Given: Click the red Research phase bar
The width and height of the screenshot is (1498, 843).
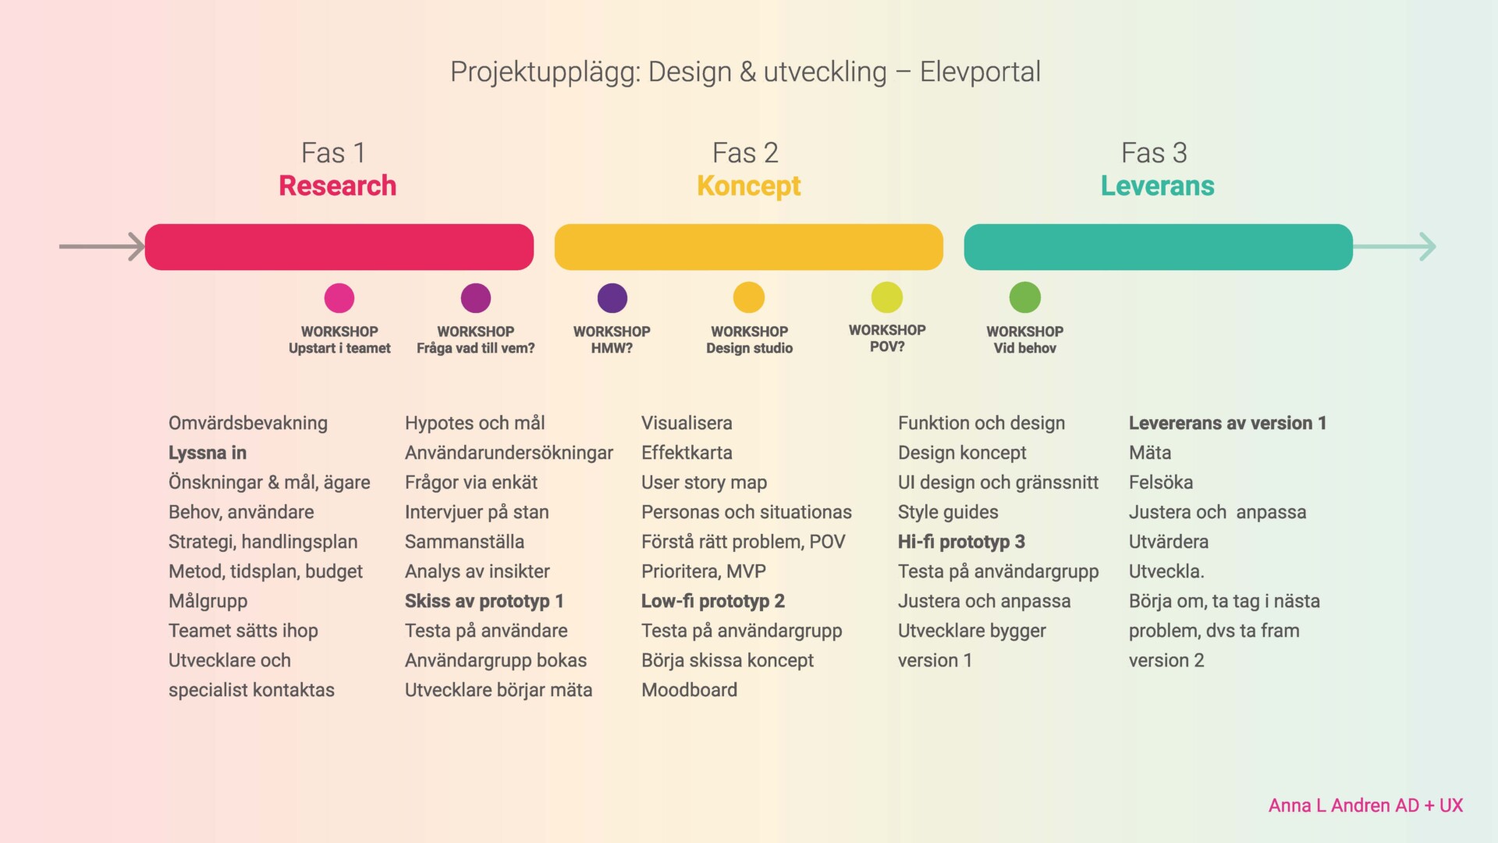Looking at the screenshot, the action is pyautogui.click(x=339, y=247).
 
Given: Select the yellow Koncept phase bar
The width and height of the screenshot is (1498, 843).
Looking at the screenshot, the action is pyautogui.click(x=749, y=247).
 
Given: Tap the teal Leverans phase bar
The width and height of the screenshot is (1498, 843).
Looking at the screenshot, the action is pyautogui.click(x=1159, y=247).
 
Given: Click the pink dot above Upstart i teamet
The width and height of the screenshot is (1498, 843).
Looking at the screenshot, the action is pyautogui.click(x=339, y=298).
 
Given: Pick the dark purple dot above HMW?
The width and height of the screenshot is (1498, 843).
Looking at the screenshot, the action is pyautogui.click(x=612, y=298).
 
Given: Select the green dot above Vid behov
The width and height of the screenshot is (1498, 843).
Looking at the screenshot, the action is pyautogui.click(x=1025, y=297).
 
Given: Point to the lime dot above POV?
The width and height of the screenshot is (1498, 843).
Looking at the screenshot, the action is pyautogui.click(x=887, y=297).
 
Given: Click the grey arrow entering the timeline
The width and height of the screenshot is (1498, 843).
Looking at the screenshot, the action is pyautogui.click(x=102, y=247).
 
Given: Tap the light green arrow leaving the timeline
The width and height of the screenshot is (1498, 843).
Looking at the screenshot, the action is pyautogui.click(x=1395, y=247).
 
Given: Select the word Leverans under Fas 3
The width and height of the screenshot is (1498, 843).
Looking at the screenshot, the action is pyautogui.click(x=1158, y=186).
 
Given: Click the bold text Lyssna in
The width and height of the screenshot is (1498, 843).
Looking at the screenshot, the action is pyautogui.click(x=208, y=453).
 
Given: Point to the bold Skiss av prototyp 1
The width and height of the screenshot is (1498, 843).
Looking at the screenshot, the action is pyautogui.click(x=484, y=601).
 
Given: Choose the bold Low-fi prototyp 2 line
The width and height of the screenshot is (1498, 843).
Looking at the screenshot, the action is pyautogui.click(x=713, y=601).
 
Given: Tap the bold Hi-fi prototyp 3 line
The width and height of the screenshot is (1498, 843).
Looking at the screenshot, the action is pyautogui.click(x=961, y=542).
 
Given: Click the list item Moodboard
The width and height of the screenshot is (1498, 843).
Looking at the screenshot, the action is pyautogui.click(x=689, y=690).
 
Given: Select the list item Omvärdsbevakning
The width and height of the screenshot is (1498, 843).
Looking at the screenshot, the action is pyautogui.click(x=248, y=423).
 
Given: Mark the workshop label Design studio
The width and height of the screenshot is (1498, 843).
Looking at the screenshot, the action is pyautogui.click(x=750, y=348).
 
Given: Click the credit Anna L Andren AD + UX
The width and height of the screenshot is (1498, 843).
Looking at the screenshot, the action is pyautogui.click(x=1365, y=806).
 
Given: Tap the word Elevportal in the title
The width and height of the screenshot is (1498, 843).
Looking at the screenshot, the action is pyautogui.click(x=980, y=72).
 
